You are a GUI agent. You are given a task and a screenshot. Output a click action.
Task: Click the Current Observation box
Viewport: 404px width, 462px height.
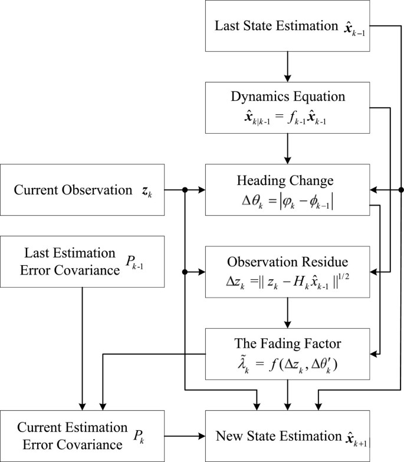point(82,190)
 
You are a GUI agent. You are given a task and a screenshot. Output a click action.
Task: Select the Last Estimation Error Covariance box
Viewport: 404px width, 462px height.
point(82,262)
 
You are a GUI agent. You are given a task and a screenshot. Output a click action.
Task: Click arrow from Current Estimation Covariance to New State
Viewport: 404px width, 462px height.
point(185,436)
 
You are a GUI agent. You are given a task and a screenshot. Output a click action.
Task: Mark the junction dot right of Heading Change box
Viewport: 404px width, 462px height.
point(402,190)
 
